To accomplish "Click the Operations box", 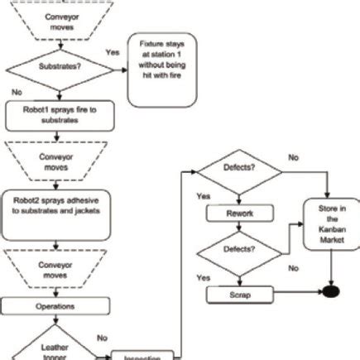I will click(x=55, y=305).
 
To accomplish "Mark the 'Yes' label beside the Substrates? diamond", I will click(x=113, y=51).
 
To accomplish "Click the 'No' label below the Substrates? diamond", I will click(x=17, y=92).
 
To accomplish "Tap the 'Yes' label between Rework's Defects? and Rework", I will click(x=203, y=196).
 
